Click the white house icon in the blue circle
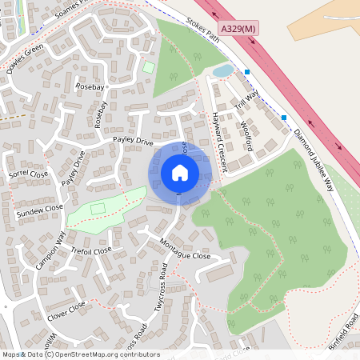(179, 172)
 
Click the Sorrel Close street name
(29, 174)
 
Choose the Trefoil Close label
(92, 251)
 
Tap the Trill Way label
(248, 102)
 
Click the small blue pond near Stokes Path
(222, 72)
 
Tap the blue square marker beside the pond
(247, 72)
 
